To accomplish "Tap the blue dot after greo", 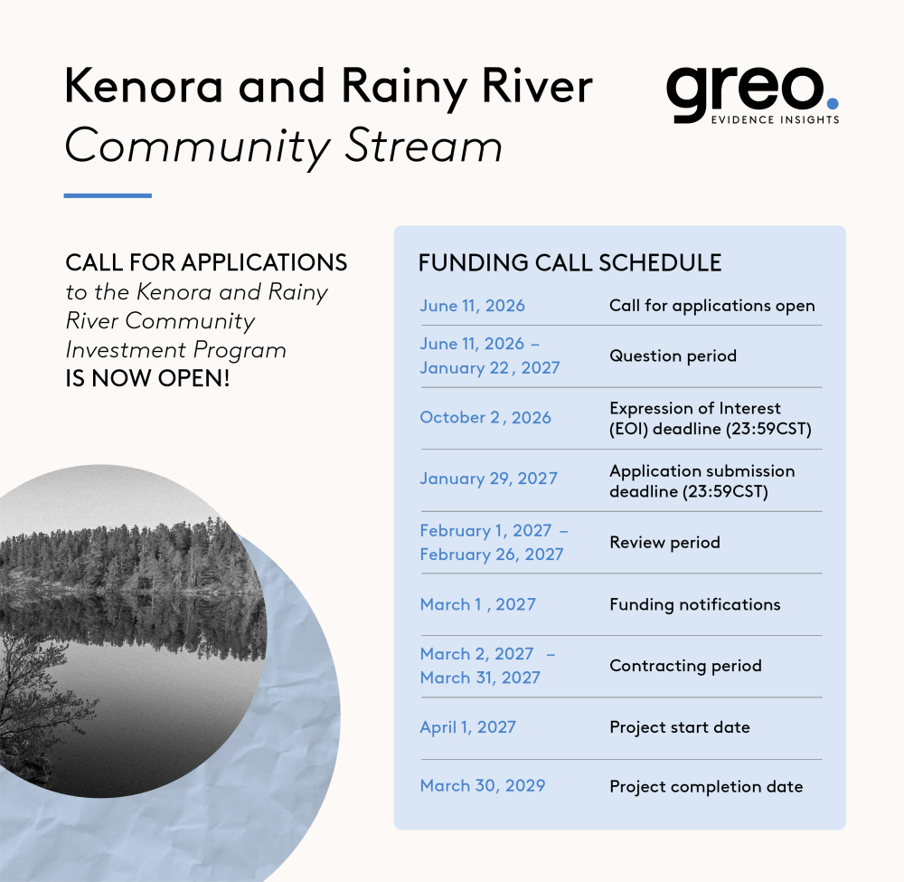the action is (x=832, y=103).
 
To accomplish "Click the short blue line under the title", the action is (x=108, y=195).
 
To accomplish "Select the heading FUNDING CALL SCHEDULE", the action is (x=570, y=263).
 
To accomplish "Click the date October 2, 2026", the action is (x=485, y=417).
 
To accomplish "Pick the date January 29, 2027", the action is (x=489, y=479).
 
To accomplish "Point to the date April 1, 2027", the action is (x=467, y=726).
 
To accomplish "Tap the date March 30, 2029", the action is (x=483, y=786).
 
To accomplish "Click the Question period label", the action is (x=673, y=356).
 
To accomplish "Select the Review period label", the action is (x=664, y=542).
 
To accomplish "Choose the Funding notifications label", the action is (x=694, y=604).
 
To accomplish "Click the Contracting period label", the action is (x=685, y=666).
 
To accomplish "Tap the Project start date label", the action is (x=680, y=727).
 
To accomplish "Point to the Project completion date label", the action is (x=706, y=787).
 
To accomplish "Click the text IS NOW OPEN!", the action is (x=147, y=379).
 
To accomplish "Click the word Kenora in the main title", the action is (x=144, y=86).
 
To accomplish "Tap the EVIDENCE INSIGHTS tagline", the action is (x=776, y=120).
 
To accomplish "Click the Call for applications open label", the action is (x=712, y=306).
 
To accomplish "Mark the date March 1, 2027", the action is (x=478, y=604).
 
